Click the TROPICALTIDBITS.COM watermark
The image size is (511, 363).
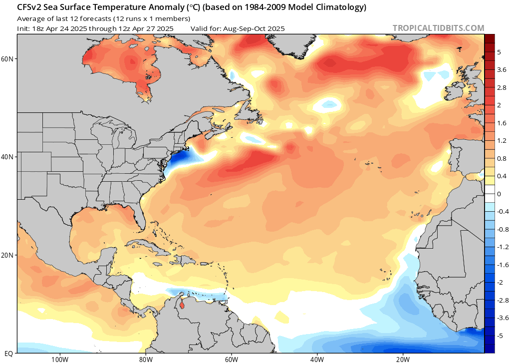(x=438, y=28)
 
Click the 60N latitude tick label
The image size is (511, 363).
(x=7, y=58)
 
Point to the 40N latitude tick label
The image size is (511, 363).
(x=7, y=157)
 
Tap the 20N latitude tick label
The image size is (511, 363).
(x=7, y=255)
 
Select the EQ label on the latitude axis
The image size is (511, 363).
(x=8, y=353)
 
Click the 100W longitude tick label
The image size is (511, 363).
(x=59, y=359)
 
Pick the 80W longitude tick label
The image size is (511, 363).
(x=145, y=359)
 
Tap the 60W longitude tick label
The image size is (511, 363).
(x=231, y=359)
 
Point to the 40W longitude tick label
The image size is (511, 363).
(x=317, y=359)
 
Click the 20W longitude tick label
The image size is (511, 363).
(x=403, y=359)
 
